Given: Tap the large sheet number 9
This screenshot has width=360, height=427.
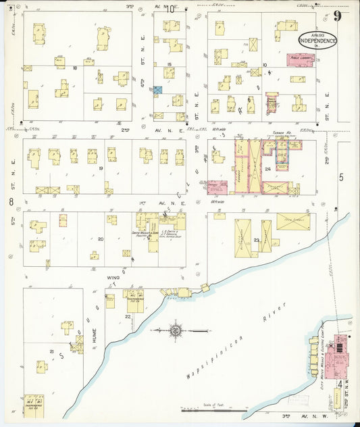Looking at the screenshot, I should pos(336,18).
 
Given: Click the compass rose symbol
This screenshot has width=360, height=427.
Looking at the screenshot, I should pos(175,331).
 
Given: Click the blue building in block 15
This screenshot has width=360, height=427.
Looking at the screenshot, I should pos(158,90).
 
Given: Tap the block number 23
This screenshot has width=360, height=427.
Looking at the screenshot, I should pos(257,241).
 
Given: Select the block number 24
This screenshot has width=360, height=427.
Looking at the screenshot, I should pos(267,169).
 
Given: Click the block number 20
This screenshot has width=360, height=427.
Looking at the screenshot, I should pos(101,238).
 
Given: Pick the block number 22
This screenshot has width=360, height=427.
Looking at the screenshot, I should pos(128,316).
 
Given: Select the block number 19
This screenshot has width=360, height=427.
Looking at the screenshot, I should pos(100,168).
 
